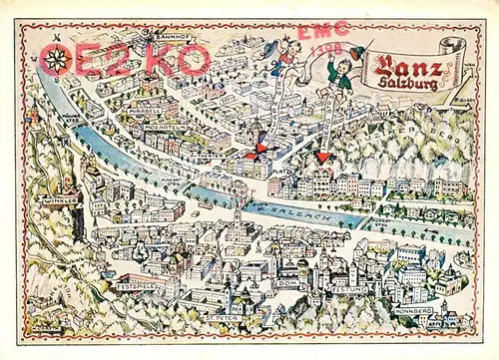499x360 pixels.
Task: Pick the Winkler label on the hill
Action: (x=57, y=200)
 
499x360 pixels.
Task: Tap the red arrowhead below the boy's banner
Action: (x=323, y=156)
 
